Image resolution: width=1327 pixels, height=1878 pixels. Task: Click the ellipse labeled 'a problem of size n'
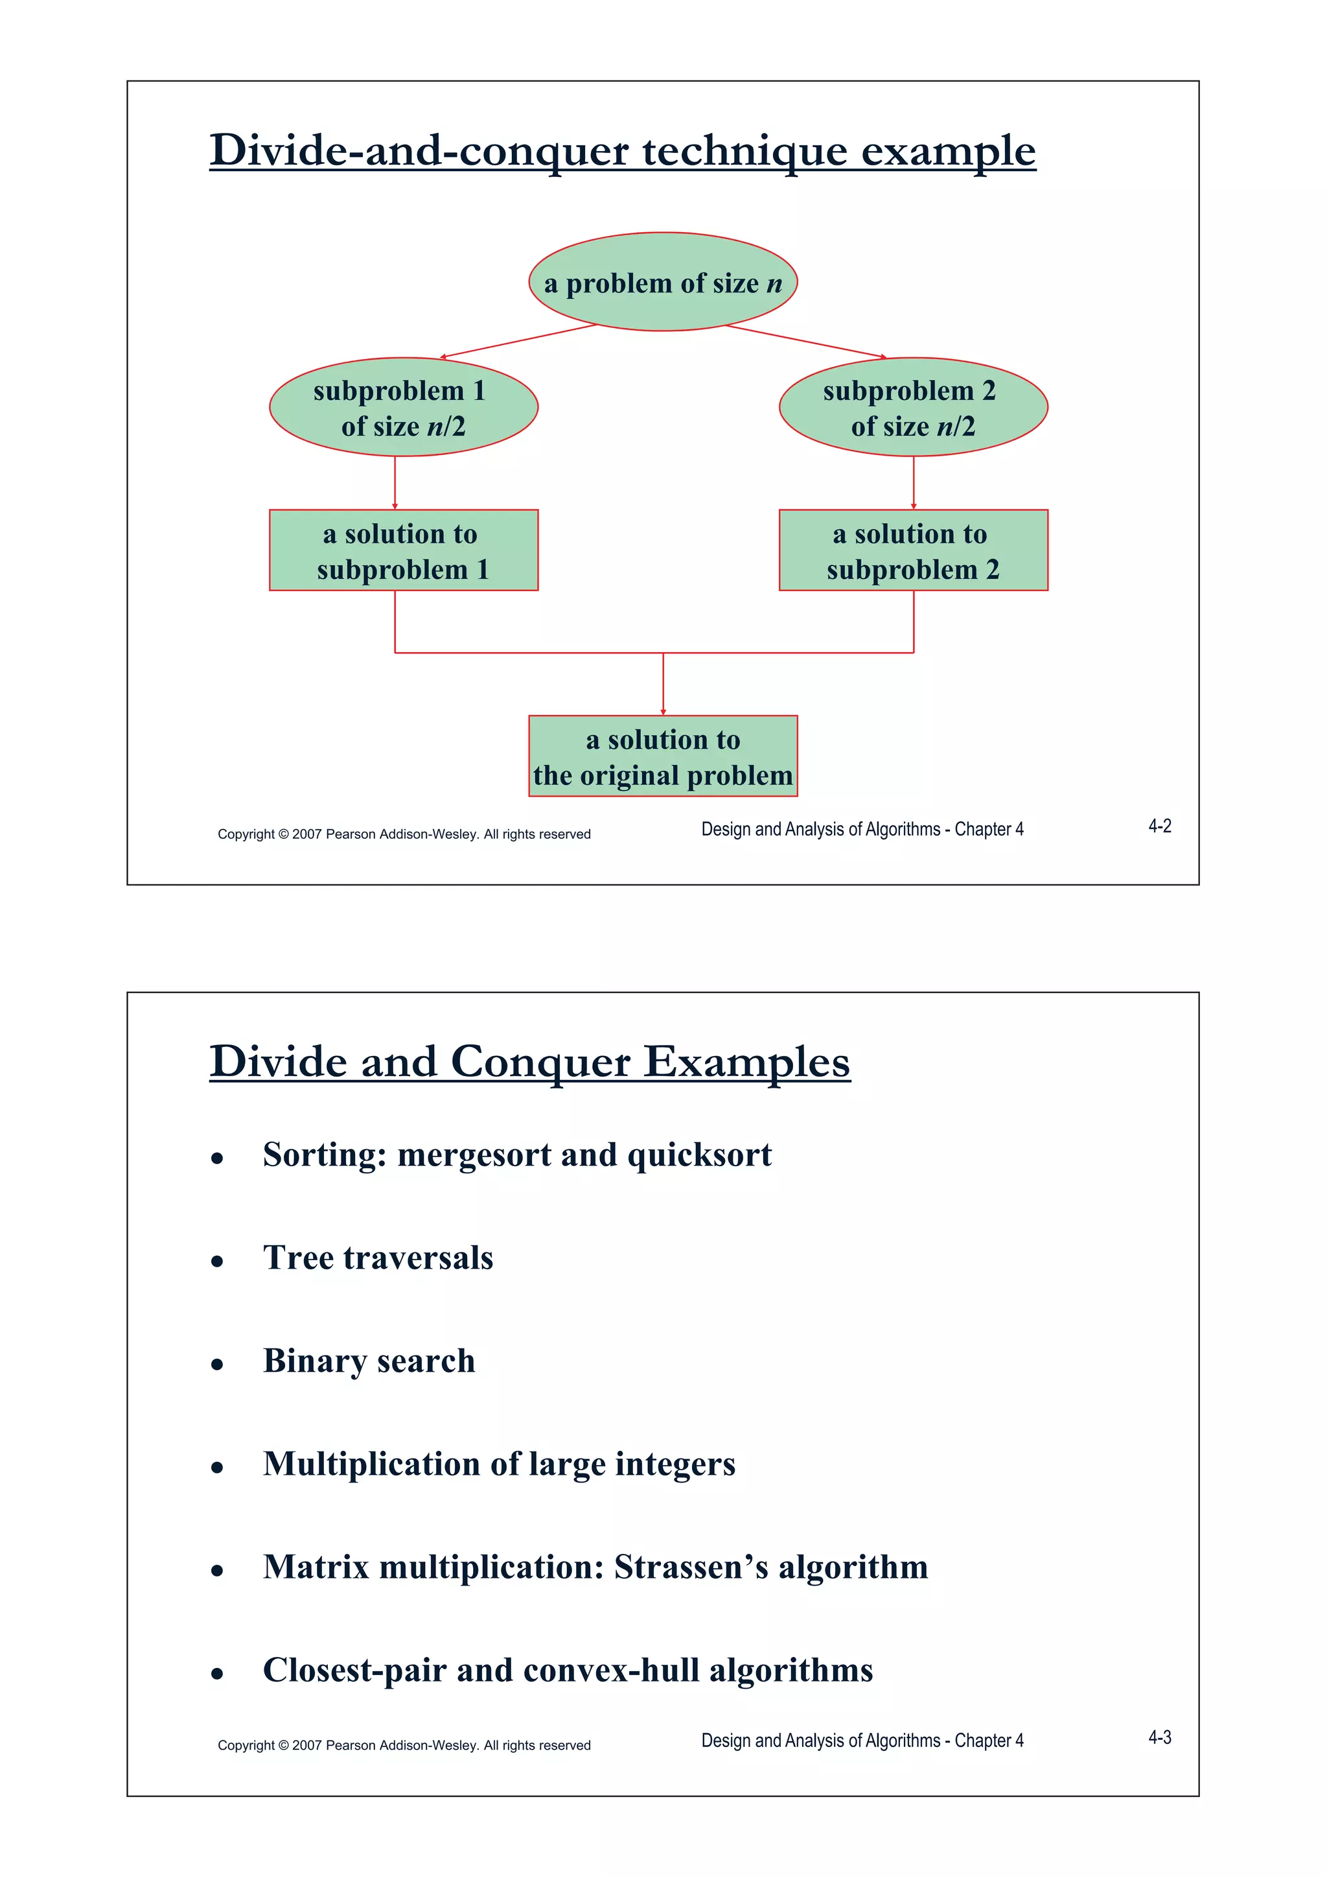pos(662,282)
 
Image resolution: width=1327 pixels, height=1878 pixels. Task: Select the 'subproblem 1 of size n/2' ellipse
pos(403,407)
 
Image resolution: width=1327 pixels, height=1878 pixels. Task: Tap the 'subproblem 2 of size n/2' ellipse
pos(912,407)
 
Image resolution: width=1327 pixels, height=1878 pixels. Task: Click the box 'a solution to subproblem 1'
pos(403,550)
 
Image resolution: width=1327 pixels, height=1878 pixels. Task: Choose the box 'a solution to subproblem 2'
pos(912,550)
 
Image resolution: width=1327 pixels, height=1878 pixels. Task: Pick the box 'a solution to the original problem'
pos(662,757)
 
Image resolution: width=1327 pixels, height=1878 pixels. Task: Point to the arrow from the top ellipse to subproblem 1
pos(518,342)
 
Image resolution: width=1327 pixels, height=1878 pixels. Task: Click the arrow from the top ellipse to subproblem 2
pos(805,342)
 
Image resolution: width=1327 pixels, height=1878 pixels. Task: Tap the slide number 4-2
pos(1159,826)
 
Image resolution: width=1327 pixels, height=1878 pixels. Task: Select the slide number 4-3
pos(1159,1737)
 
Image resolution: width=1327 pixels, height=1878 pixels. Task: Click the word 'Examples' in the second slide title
pos(746,1062)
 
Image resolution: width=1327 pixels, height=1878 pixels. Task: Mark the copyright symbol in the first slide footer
pos(284,834)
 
